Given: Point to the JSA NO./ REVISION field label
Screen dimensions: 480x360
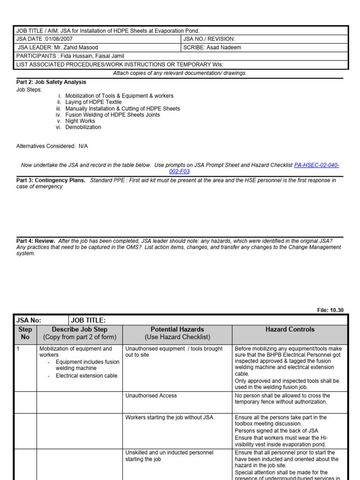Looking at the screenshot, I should click(209, 39).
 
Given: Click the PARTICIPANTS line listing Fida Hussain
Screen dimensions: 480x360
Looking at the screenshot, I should click(70, 56).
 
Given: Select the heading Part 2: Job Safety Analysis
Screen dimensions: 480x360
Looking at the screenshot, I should click(51, 82).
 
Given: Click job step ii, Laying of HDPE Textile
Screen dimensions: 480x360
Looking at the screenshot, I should click(93, 102).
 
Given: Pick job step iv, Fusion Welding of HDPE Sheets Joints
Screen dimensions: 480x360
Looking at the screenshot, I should click(112, 115).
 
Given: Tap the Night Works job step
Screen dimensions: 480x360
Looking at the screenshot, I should click(80, 121).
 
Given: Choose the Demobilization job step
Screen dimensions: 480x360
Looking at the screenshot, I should click(83, 127).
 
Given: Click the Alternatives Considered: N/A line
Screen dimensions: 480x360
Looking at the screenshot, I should click(52, 146).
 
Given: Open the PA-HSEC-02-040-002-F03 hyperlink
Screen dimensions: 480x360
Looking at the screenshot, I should click(316, 165).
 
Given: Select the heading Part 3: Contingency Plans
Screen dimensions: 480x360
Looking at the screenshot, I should click(51, 180).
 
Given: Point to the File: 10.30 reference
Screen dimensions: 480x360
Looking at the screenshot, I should click(330, 310).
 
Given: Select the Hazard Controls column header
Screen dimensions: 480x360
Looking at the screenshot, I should click(290, 330).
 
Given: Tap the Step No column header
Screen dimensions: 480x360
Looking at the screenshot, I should click(25, 333).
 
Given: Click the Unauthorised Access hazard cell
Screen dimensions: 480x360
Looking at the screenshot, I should click(151, 396).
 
